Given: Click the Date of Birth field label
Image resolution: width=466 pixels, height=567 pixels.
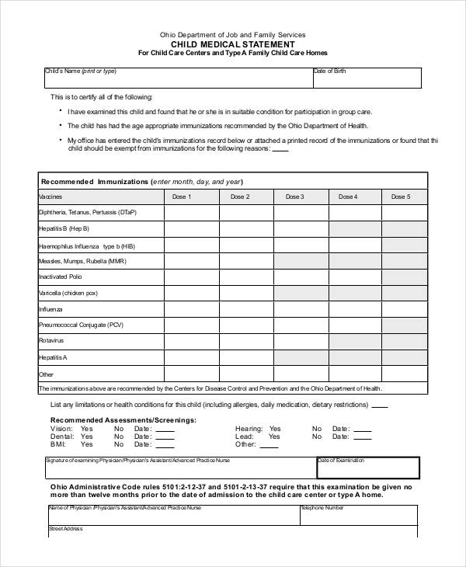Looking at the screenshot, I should point(329,71).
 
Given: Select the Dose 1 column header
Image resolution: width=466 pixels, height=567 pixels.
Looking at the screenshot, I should point(191,197).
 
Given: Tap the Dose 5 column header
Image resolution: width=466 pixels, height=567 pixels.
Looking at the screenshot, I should point(400,197).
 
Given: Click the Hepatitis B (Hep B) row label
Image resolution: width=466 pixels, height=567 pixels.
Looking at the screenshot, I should point(64,229).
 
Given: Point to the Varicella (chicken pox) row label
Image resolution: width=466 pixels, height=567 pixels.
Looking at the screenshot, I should point(68,293).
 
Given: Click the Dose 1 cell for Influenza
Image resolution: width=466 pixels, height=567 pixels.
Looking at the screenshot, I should point(191,308).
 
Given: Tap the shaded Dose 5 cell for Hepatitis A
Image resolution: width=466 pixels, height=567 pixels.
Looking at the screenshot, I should point(400,357).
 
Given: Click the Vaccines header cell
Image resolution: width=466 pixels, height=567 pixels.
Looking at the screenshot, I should point(101,197).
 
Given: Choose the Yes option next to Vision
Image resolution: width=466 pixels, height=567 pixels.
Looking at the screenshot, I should point(86,428).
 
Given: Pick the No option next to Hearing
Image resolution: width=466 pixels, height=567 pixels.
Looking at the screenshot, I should point(317,428).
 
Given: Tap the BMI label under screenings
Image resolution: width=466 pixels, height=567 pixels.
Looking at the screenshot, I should point(57,444).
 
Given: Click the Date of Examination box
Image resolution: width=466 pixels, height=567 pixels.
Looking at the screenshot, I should point(368,468).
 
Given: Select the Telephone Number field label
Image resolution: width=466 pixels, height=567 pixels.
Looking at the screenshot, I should point(323,508).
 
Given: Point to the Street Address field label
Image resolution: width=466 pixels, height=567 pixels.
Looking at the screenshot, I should point(65,528).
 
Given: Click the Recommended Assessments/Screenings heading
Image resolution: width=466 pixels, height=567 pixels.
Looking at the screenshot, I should point(123,419).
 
